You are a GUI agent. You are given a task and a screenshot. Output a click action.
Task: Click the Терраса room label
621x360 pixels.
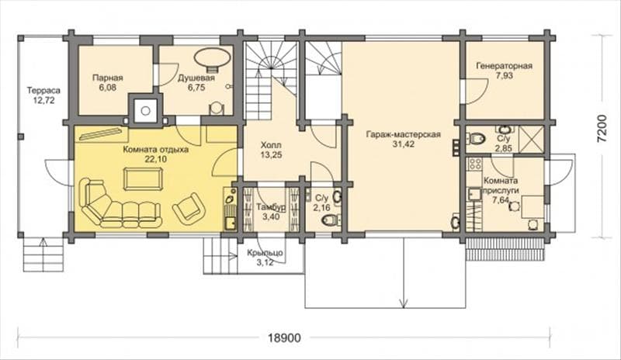click(x=43, y=90)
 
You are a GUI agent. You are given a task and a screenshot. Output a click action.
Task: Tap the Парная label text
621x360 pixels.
click(x=108, y=78)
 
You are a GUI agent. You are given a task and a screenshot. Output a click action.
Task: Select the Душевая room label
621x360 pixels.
click(x=196, y=78)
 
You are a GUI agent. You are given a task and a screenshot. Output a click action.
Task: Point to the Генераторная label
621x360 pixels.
click(x=504, y=66)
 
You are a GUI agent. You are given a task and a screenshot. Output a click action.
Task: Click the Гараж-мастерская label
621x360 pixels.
click(x=403, y=134)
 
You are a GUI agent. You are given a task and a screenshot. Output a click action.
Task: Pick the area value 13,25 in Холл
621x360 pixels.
click(x=271, y=155)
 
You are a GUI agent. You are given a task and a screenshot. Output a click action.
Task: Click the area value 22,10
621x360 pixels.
click(x=156, y=159)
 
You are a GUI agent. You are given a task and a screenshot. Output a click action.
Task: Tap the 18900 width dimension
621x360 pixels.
click(x=284, y=337)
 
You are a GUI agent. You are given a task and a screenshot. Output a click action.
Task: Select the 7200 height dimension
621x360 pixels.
click(x=602, y=129)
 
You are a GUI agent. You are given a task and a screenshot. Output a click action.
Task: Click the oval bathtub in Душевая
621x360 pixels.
click(x=213, y=57)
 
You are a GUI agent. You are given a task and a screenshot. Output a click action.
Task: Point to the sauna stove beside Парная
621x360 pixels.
click(x=145, y=111)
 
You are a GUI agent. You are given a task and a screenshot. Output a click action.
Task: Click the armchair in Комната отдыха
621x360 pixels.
click(x=189, y=206)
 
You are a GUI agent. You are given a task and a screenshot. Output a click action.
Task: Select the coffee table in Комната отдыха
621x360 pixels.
click(x=143, y=179)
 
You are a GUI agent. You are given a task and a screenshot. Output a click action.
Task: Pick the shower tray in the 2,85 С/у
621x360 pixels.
click(x=531, y=139)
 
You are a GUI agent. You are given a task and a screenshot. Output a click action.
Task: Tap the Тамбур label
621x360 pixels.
click(x=271, y=207)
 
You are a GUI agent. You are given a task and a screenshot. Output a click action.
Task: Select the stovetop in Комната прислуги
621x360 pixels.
click(x=474, y=164)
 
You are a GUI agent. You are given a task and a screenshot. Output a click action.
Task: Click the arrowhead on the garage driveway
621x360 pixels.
click(x=404, y=304)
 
